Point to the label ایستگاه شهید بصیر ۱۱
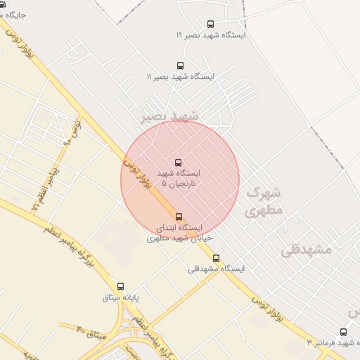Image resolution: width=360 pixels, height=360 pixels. pyautogui.click(x=180, y=76)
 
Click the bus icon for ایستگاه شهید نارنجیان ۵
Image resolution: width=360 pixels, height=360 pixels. pyautogui.click(x=177, y=162)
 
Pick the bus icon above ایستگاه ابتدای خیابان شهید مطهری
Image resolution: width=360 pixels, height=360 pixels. pyautogui.click(x=179, y=217)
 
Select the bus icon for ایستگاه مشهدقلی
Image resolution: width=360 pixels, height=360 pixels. pyautogui.click(x=216, y=258)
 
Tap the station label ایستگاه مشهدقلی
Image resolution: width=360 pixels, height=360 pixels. pyautogui.click(x=216, y=269)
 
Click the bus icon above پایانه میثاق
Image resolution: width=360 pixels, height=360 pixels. pyautogui.click(x=120, y=286)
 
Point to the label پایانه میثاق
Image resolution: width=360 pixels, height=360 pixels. pyautogui.click(x=121, y=297)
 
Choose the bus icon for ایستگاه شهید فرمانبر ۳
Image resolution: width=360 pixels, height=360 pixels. pyautogui.click(x=343, y=332)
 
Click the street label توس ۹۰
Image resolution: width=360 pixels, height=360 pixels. pyautogui.click(x=72, y=131)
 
